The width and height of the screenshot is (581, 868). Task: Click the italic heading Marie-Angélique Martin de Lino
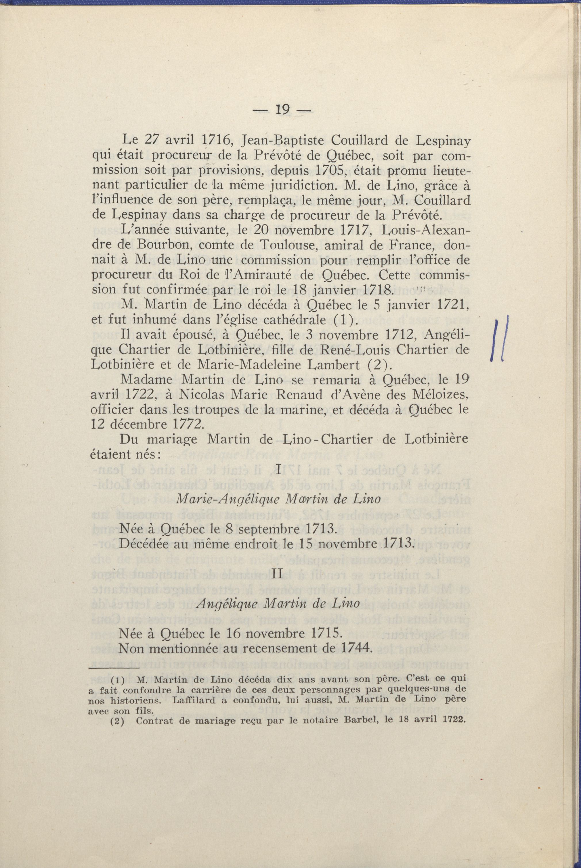tap(279, 499)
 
